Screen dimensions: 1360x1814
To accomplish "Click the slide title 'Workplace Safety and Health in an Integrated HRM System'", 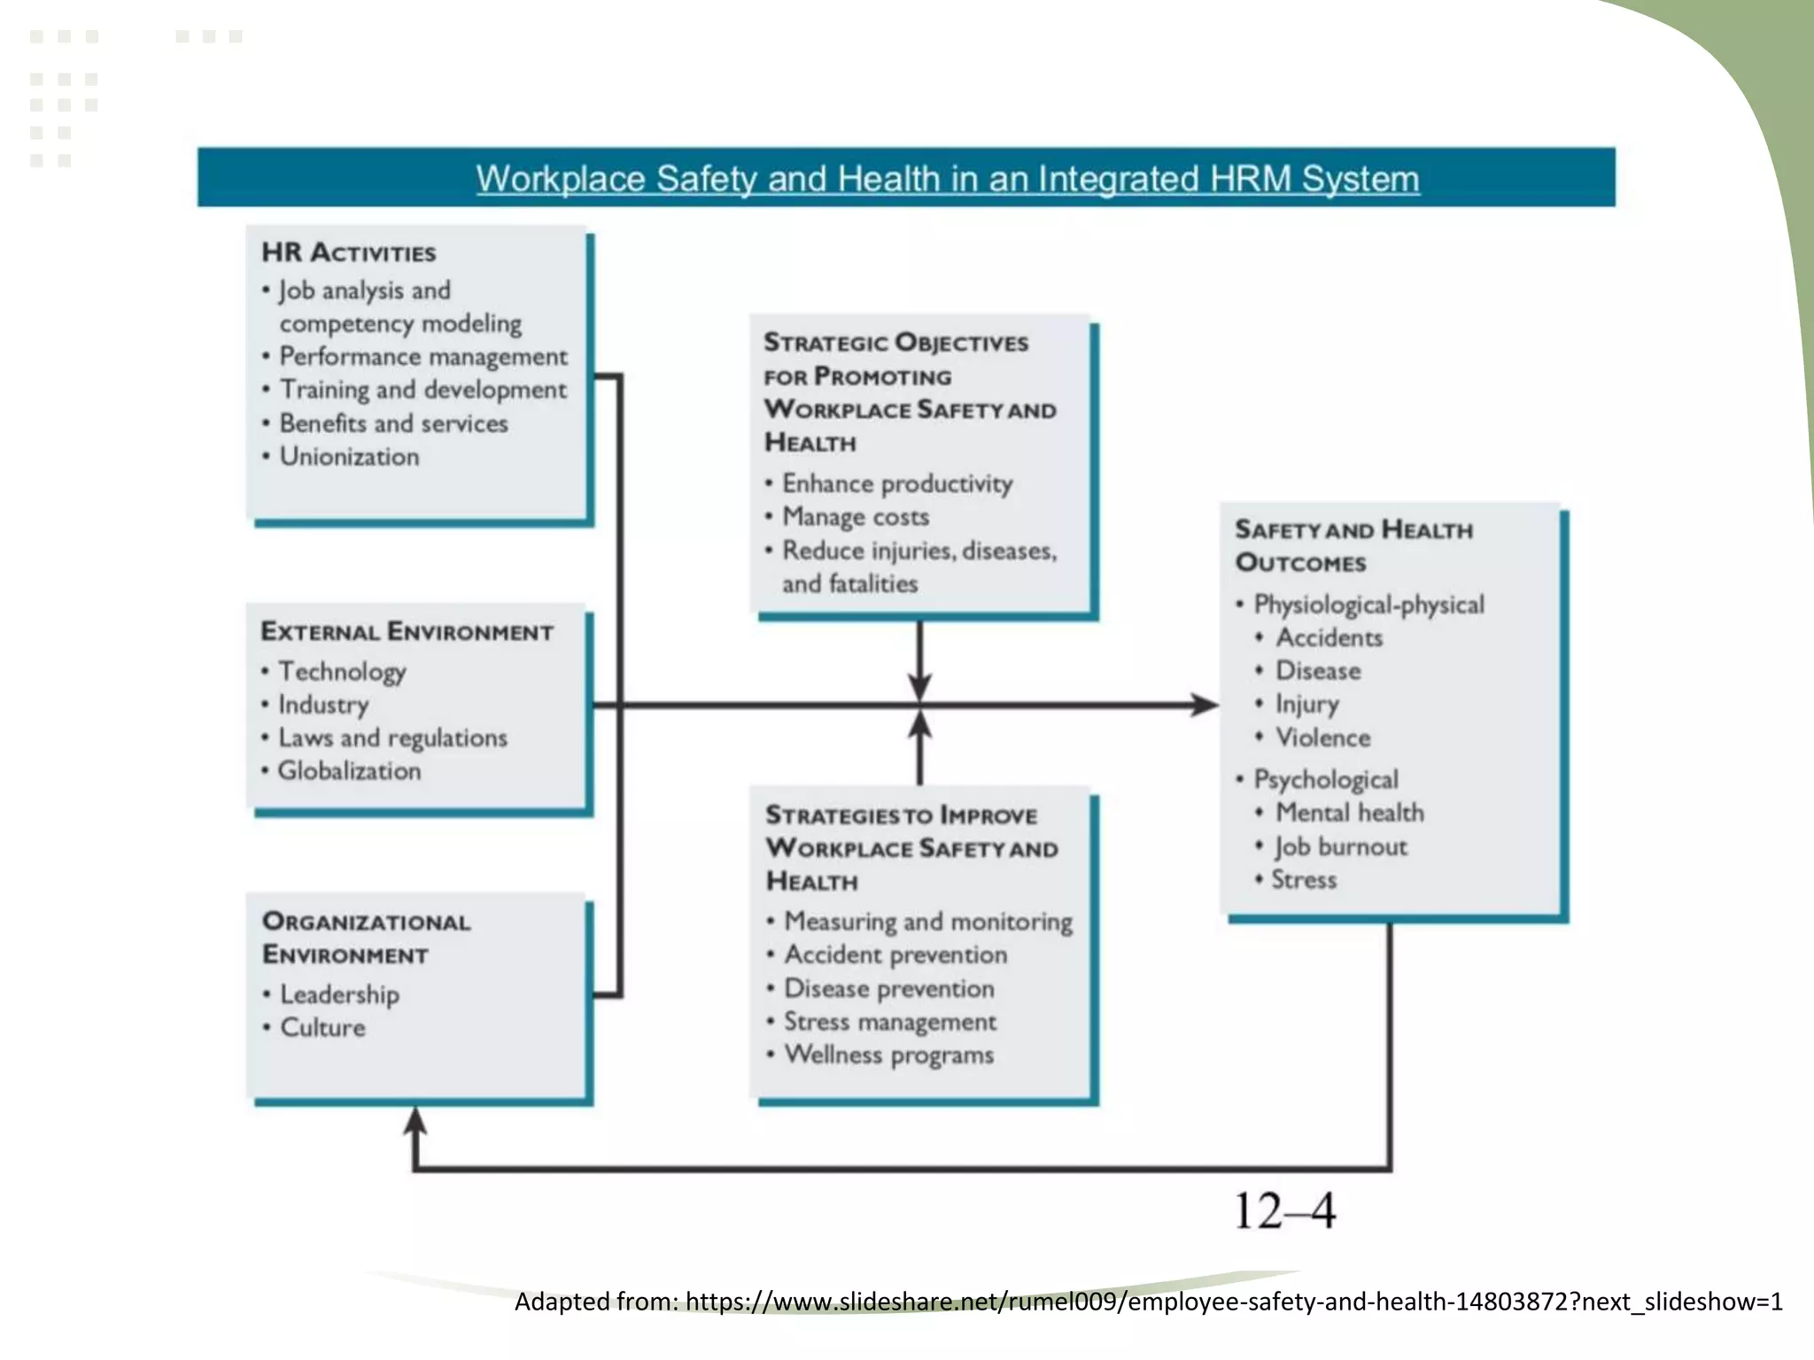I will [x=947, y=179].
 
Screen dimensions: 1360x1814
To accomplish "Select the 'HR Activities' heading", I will [x=348, y=253].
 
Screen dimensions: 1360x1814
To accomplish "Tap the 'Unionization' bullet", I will [x=349, y=457].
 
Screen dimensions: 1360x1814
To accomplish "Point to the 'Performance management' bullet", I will [x=423, y=357].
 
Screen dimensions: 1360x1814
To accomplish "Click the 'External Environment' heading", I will [x=407, y=632].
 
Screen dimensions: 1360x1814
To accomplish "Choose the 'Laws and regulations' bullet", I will [x=392, y=738].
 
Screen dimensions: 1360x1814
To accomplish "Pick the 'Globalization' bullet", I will [x=349, y=771].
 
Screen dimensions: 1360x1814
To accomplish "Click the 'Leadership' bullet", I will [x=339, y=995].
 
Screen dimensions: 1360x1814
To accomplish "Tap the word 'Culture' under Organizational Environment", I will [x=322, y=1028].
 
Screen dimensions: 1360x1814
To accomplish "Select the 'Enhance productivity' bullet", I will [x=896, y=484].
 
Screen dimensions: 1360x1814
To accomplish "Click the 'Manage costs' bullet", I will [x=856, y=517].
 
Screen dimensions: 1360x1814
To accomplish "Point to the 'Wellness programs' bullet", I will [x=888, y=1055].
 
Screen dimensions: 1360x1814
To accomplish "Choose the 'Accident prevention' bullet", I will [x=895, y=955].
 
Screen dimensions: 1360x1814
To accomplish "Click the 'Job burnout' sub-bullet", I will [x=1340, y=847].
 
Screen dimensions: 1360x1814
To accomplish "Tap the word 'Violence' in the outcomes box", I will [x=1322, y=738].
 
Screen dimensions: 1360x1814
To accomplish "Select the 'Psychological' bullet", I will [x=1326, y=780].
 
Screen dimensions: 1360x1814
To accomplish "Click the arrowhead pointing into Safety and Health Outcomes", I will [x=1205, y=706].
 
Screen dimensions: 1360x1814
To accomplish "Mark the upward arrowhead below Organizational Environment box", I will [x=415, y=1121].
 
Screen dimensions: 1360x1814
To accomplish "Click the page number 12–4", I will [x=1284, y=1211].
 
